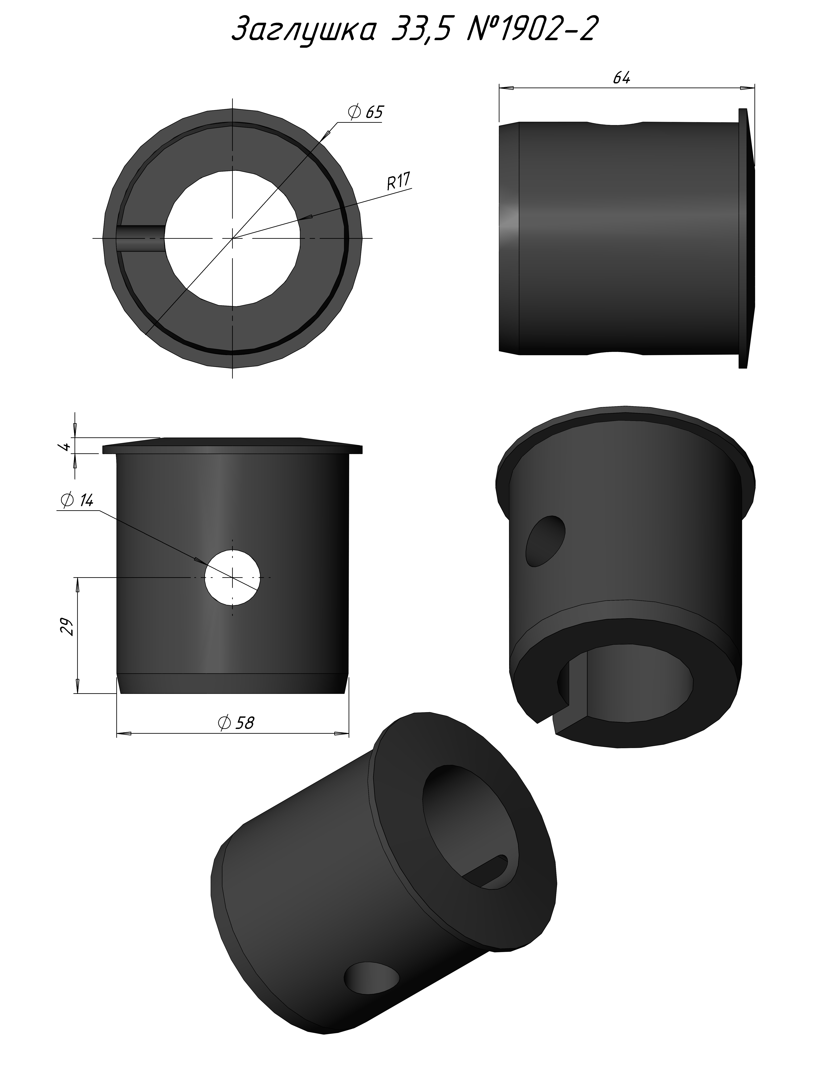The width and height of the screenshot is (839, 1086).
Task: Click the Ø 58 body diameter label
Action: click(236, 723)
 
